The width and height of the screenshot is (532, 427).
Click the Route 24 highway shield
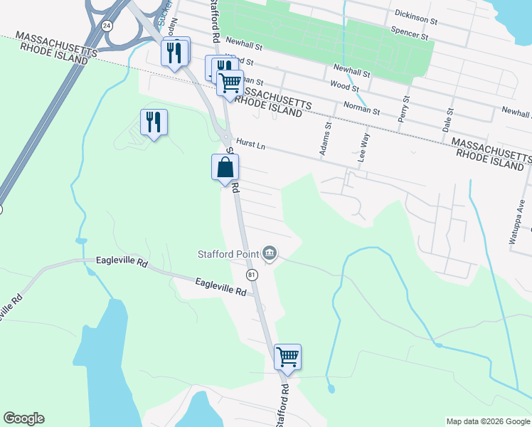[x=106, y=26]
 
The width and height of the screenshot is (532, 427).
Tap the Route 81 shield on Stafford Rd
[x=251, y=274]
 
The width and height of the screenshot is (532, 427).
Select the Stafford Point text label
[x=228, y=254]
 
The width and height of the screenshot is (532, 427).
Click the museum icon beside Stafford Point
[x=270, y=252]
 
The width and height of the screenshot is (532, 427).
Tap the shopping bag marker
[x=225, y=168]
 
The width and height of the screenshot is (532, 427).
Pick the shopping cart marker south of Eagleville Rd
[x=287, y=357]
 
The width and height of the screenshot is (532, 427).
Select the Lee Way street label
[x=363, y=150]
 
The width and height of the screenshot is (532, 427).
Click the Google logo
[x=23, y=418]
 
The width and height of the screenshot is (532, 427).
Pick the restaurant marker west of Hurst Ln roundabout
[x=154, y=122]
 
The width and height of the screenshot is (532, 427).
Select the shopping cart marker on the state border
[x=230, y=83]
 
